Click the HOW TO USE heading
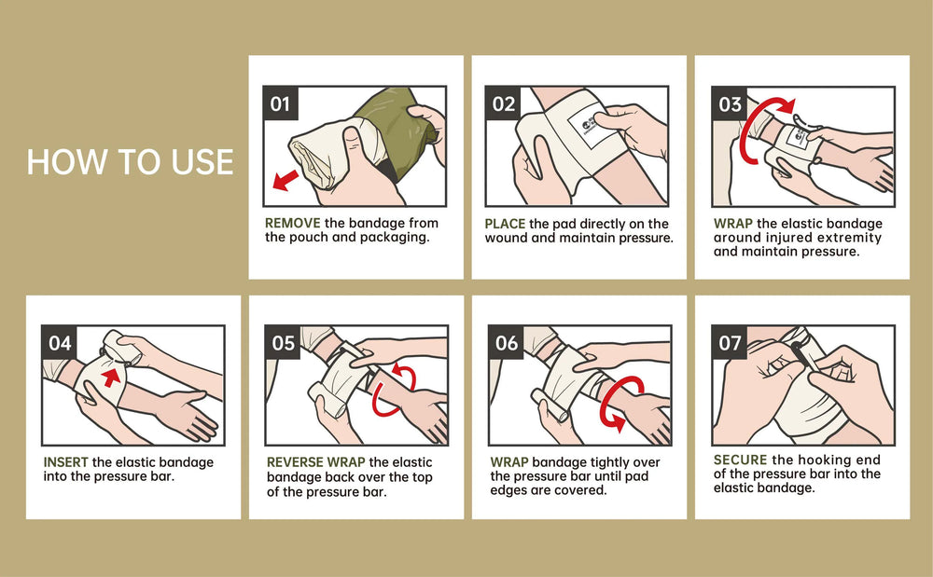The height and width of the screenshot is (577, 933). pos(130,161)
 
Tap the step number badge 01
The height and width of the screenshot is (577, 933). pos(280,103)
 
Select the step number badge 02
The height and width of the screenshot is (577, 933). pos(504,103)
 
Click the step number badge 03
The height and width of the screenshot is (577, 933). pos(730,104)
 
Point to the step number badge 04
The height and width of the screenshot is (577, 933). pos(60,343)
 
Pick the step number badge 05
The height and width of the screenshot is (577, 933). pos(284,343)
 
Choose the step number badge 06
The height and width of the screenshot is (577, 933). pos(507,343)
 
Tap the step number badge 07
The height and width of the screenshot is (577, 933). pos(731,343)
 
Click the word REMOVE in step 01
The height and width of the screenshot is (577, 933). pos(293,224)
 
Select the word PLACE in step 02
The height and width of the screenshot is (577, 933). pos(505,224)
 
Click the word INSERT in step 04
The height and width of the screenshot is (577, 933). pos(65,462)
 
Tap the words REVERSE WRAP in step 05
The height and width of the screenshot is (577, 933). pos(316,462)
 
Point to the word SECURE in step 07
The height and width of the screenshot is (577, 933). pos(740,460)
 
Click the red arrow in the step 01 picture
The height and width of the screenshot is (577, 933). pos(285,180)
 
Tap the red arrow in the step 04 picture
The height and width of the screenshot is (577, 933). pos(111,377)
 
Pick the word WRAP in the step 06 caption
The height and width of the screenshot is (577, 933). pos(509,462)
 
